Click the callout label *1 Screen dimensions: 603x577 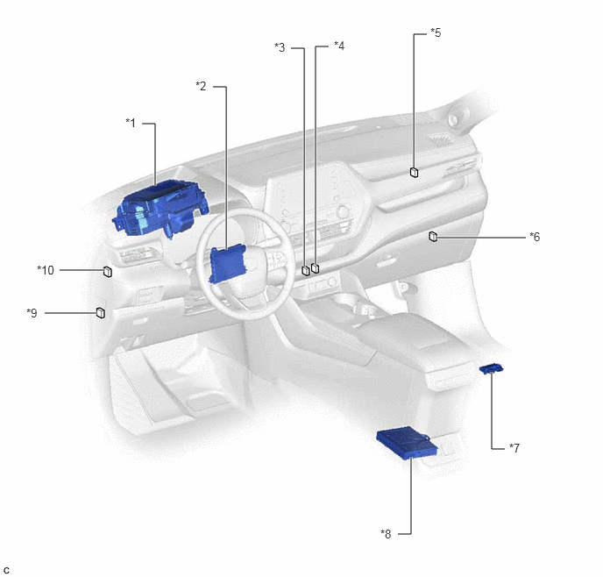tap(131, 123)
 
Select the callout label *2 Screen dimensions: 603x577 tap(201, 86)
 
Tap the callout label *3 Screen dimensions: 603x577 tap(280, 47)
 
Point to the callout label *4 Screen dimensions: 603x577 tap(339, 46)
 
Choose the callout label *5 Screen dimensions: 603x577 tap(436, 32)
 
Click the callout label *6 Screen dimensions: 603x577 tap(535, 237)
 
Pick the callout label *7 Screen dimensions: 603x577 tap(514, 448)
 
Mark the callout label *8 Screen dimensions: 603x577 tap(386, 534)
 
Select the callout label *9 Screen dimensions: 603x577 tap(32, 313)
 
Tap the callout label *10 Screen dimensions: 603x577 tap(46, 270)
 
